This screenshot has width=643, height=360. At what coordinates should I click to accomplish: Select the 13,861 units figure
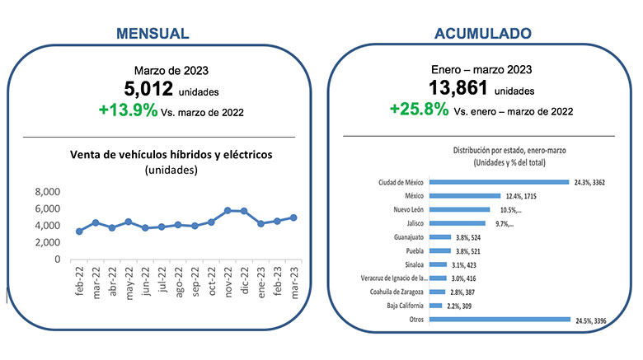click(x=461, y=88)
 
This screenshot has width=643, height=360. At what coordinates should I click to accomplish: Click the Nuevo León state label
click(x=408, y=209)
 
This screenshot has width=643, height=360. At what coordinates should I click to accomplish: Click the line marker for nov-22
click(x=228, y=211)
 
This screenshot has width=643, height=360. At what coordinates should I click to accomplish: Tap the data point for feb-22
click(x=79, y=231)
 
